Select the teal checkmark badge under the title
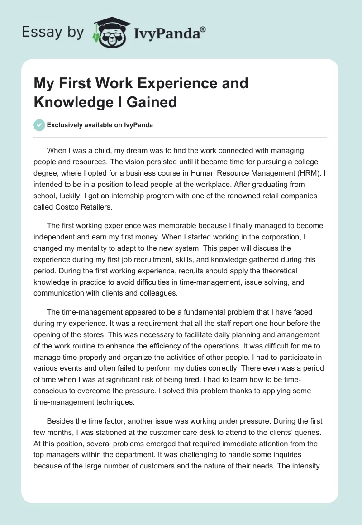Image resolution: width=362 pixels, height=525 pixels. coord(39,125)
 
